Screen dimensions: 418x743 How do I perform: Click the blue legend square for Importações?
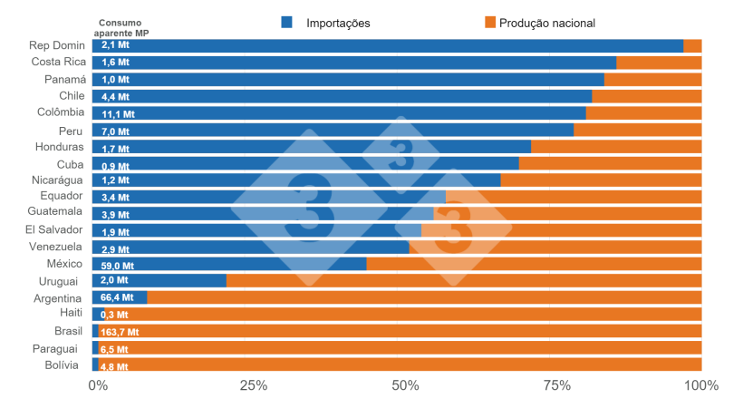287,22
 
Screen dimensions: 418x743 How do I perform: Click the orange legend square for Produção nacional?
491,22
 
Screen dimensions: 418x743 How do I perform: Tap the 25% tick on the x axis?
253,385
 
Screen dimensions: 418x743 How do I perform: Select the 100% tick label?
700,385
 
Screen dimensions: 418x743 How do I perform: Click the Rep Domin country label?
56,45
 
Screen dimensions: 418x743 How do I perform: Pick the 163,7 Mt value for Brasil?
120,332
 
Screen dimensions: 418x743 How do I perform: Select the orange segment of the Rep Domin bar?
692,45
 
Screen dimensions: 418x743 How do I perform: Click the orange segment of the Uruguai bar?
462,281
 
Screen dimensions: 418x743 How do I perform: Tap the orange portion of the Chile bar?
646,96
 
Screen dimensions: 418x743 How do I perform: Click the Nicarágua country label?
56,180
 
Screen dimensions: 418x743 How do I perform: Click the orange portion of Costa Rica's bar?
659,63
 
